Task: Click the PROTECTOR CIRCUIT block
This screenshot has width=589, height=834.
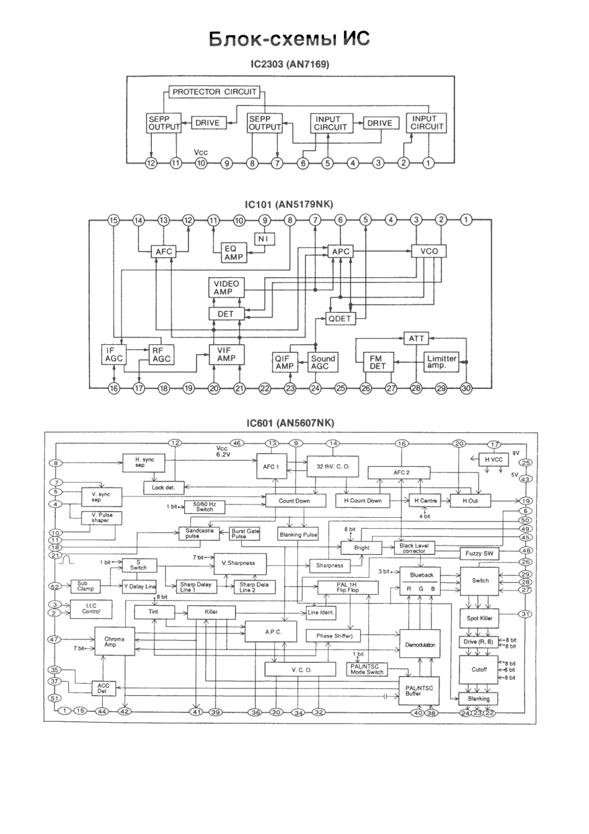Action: coord(215,92)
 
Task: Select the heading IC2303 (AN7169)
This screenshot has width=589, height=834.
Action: coord(289,64)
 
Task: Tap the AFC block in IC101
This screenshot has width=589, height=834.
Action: coord(164,252)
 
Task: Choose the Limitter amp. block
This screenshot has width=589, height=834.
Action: coord(441,362)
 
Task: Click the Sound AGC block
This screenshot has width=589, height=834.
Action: coord(323,362)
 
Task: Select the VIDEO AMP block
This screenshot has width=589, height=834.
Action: coord(226,288)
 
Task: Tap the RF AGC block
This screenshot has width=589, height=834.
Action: coord(161,354)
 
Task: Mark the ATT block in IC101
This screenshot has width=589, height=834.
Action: coord(415,339)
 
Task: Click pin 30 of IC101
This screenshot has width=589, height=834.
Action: coord(466,388)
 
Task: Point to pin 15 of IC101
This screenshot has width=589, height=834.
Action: coord(113,220)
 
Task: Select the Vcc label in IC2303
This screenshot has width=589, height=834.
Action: coord(201,153)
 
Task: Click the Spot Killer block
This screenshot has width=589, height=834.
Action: coord(479,618)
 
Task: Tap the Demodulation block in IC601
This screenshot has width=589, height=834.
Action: coord(420,645)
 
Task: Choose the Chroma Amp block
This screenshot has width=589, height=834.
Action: coord(114,642)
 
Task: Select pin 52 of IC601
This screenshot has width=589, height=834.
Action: coord(55,586)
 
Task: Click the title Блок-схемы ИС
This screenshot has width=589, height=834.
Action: coord(289,39)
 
